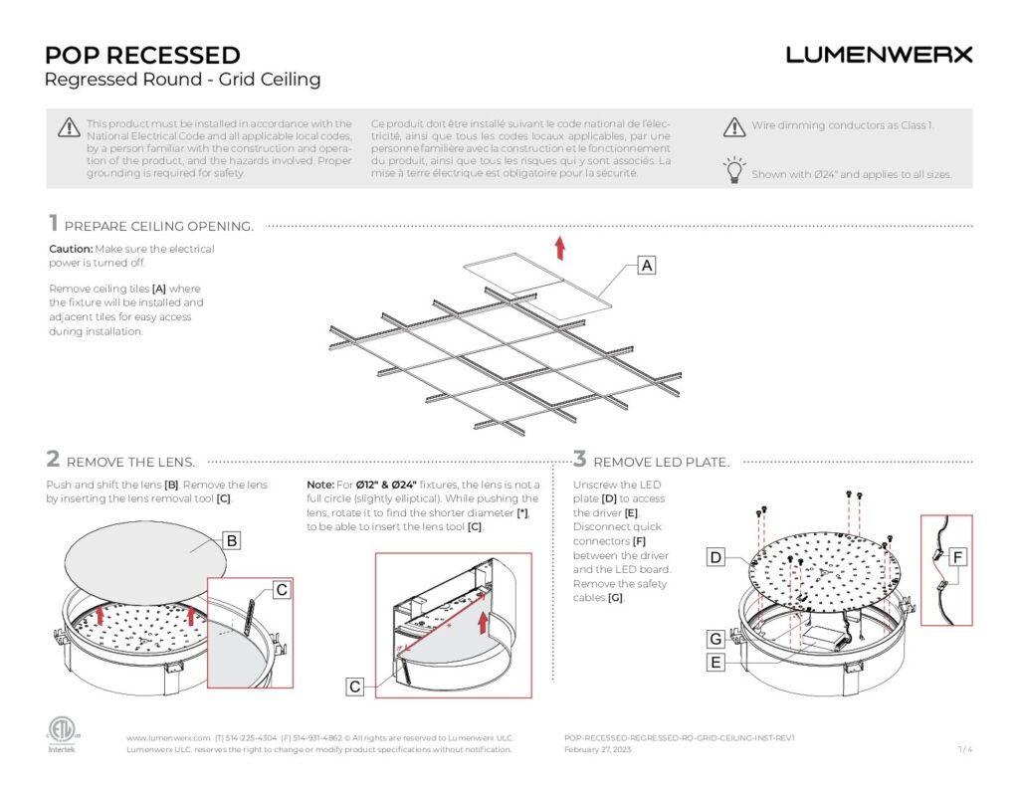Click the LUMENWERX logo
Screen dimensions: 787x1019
tap(879, 55)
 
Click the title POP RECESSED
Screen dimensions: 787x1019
tap(142, 55)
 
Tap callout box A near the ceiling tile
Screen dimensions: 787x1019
tap(647, 266)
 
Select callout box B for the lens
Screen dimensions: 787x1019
tap(231, 541)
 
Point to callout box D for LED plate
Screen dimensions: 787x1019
tap(715, 558)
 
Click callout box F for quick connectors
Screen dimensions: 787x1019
tap(956, 558)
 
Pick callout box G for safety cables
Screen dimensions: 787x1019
tap(715, 638)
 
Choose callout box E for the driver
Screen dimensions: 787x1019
tap(715, 662)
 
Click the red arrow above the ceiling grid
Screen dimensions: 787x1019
tap(560, 247)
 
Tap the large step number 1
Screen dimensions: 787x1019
tap(53, 224)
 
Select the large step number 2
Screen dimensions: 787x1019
tap(53, 460)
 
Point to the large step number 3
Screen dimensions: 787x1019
tap(580, 460)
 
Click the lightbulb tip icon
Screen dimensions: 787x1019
tap(734, 170)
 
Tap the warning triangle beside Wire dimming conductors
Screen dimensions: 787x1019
tap(734, 126)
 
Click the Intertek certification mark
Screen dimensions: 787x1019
tap(62, 732)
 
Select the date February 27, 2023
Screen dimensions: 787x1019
tap(597, 749)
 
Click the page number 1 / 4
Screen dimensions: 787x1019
tap(964, 749)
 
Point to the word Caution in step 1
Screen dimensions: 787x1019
tap(70, 249)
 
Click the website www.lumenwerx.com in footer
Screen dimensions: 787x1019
tap(168, 737)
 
